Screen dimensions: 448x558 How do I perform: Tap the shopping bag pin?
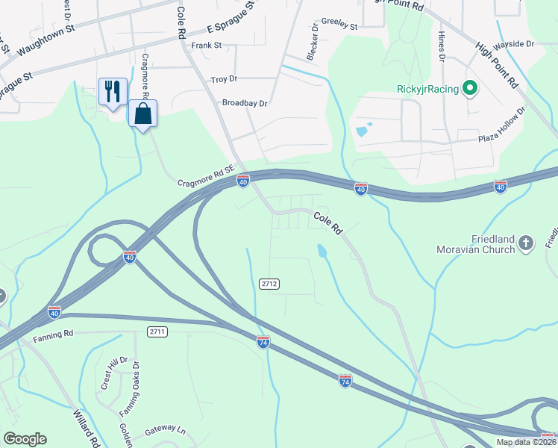click(142, 114)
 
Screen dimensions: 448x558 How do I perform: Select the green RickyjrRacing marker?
click(469, 90)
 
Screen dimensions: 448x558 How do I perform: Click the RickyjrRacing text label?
click(427, 90)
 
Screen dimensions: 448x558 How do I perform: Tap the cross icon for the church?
click(526, 243)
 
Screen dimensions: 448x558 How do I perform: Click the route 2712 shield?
click(269, 284)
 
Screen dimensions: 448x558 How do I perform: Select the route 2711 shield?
click(157, 331)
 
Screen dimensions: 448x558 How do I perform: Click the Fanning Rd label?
click(53, 337)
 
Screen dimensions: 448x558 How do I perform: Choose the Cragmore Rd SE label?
click(207, 176)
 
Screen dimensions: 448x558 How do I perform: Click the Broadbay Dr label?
click(244, 103)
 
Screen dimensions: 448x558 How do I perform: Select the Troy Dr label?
click(224, 78)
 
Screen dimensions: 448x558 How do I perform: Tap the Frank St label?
click(207, 45)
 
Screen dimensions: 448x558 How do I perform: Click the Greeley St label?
click(339, 25)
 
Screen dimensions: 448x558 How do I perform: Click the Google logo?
click(25, 439)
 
